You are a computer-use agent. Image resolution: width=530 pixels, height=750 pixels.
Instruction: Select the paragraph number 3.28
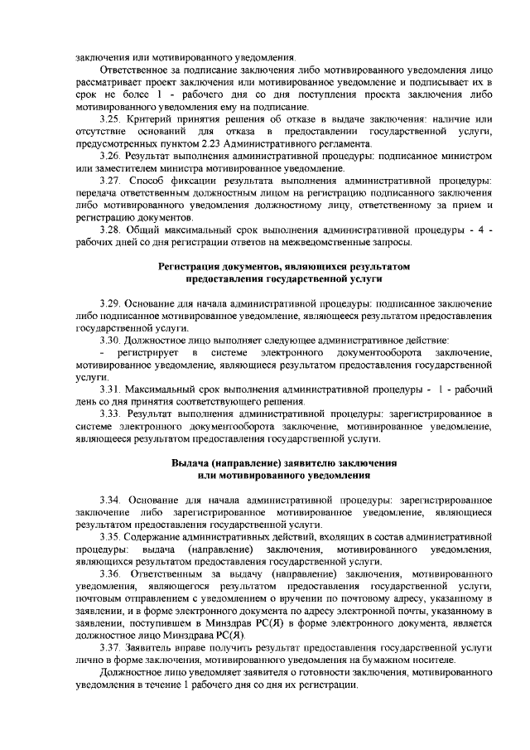(x=110, y=229)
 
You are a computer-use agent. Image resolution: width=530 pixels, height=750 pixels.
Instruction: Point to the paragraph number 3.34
(x=111, y=500)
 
